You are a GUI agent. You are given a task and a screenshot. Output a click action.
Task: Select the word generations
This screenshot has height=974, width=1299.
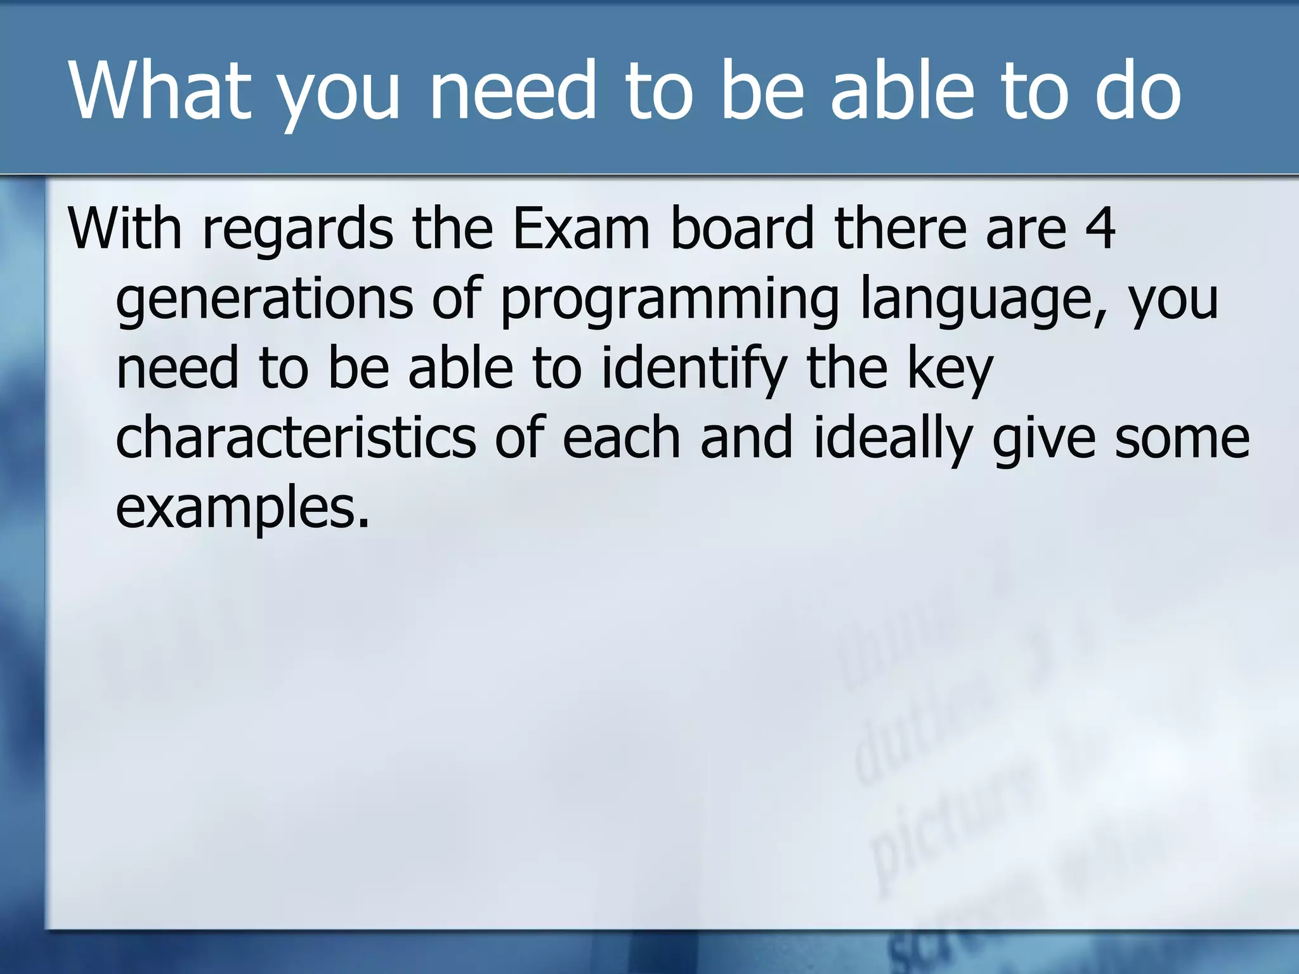(264, 299)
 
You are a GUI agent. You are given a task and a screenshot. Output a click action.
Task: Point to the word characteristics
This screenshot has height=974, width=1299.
(295, 438)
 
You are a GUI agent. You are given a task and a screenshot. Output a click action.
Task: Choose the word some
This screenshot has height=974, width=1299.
(1182, 439)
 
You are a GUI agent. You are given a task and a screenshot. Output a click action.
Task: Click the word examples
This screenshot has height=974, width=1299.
(242, 509)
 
